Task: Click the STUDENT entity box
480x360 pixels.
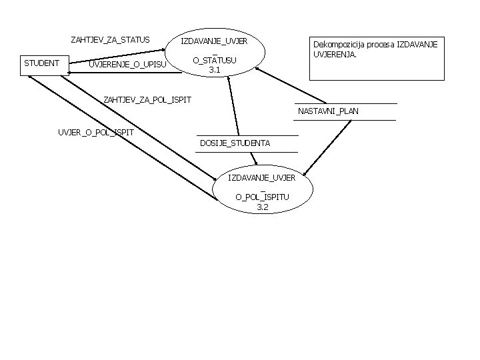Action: [41, 64]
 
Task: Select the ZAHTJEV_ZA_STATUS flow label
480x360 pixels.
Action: [110, 39]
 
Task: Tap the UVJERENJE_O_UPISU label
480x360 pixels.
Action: [127, 64]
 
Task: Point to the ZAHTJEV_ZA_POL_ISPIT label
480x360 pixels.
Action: [147, 99]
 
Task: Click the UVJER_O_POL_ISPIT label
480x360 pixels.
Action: [96, 132]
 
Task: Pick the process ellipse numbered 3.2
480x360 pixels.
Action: [262, 193]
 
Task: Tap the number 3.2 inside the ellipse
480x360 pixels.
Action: [262, 207]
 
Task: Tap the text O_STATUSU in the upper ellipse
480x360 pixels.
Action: [215, 61]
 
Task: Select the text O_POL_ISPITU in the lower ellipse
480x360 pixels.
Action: [262, 197]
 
